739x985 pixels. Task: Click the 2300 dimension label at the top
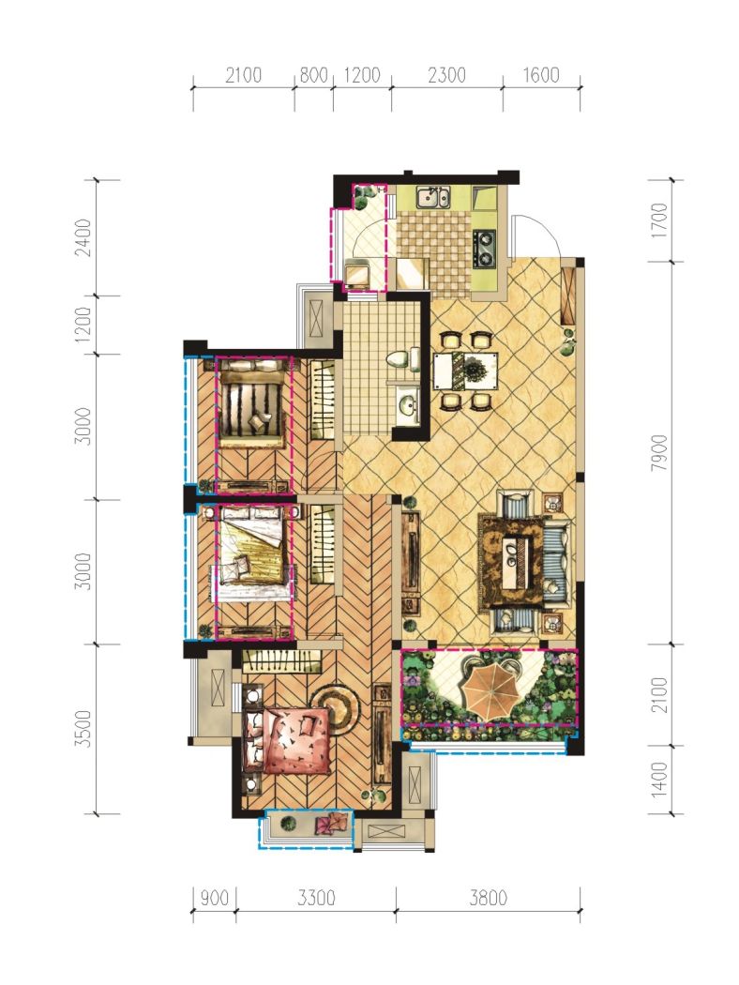pyautogui.click(x=446, y=75)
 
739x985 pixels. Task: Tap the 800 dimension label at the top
pyautogui.click(x=314, y=75)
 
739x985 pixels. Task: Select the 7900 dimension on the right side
pyautogui.click(x=659, y=452)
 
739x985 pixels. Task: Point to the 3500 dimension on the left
pyautogui.click(x=83, y=729)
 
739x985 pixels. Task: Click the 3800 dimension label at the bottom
pyautogui.click(x=488, y=898)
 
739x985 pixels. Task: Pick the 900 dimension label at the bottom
pyautogui.click(x=214, y=898)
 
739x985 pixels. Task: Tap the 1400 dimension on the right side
pyautogui.click(x=659, y=780)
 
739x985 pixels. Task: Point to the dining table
pyautogui.click(x=465, y=371)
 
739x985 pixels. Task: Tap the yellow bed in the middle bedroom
pyautogui.click(x=252, y=551)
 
